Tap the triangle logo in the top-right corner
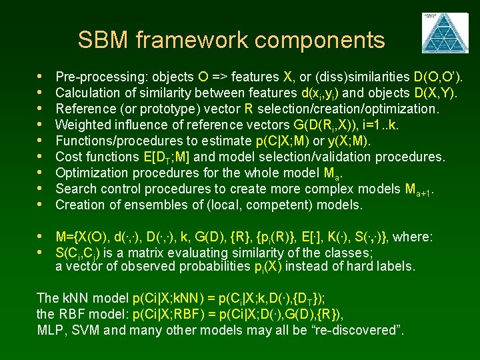pos(439,32)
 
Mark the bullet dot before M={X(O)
pos(42,237)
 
